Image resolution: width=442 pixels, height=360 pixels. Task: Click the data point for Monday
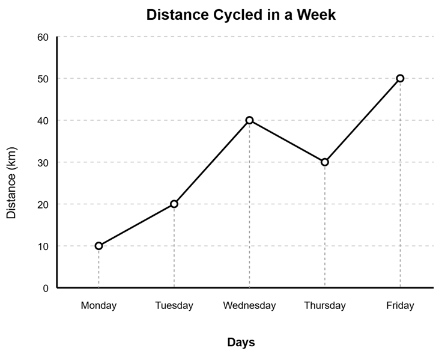tap(98, 246)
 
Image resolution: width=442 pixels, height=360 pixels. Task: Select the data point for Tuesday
tap(174, 204)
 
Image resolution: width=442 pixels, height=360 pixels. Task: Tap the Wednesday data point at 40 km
tap(249, 120)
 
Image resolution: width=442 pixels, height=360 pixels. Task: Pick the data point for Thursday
tap(325, 162)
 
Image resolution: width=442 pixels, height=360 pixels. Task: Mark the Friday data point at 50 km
tap(400, 78)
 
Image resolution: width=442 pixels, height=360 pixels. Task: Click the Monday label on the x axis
tap(98, 305)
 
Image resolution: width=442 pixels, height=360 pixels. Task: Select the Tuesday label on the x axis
tap(174, 305)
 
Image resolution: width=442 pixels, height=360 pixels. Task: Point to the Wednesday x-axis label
tap(249, 305)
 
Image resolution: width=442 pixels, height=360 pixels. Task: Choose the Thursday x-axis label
tap(325, 305)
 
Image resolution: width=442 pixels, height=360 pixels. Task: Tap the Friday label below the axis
tap(400, 305)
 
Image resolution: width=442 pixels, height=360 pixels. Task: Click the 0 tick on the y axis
tap(45, 288)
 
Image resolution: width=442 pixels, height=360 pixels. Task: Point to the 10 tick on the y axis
tap(43, 246)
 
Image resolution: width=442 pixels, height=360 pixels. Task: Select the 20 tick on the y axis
tap(43, 204)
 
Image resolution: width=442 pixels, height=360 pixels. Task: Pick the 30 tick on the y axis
tap(43, 162)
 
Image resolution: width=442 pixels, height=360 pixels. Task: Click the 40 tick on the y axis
tap(43, 120)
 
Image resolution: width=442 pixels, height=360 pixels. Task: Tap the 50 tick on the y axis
tap(43, 79)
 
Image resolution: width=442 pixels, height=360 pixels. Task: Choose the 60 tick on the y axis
tap(43, 37)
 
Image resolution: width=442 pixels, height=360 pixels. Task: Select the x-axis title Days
tap(241, 343)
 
